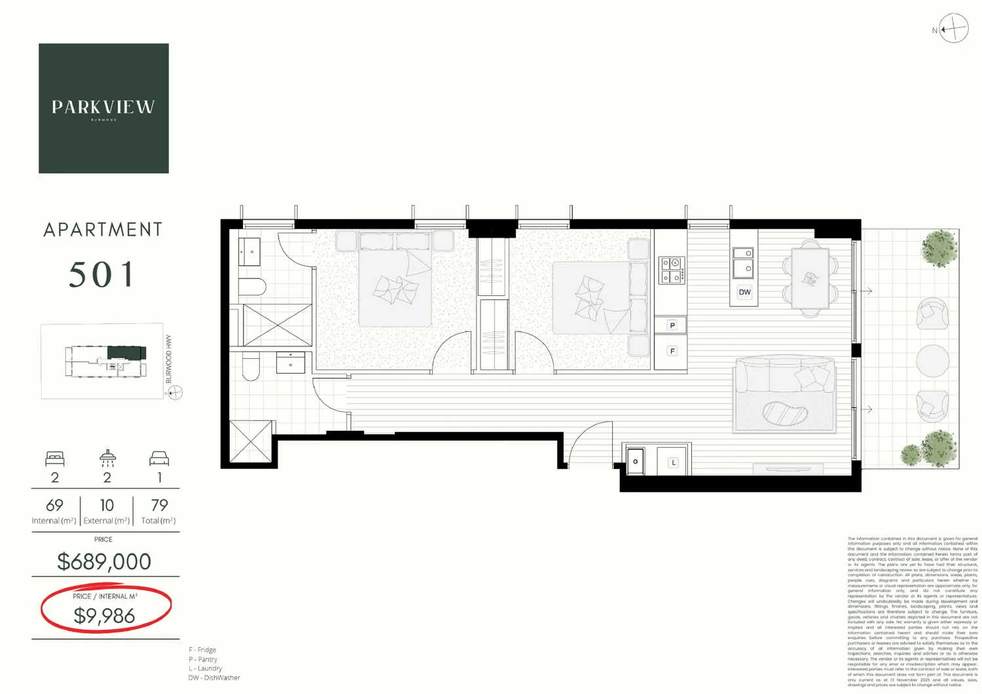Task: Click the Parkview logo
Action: pos(103,108)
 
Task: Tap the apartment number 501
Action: pos(102,274)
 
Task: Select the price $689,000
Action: pos(104,561)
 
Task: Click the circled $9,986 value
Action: pos(105,615)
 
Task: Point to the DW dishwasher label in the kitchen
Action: pos(744,292)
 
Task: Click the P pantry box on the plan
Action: pos(672,325)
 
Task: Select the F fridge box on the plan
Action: pos(672,351)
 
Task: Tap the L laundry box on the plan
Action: pos(673,462)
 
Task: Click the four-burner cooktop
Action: pos(672,270)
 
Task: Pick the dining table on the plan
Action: pos(810,278)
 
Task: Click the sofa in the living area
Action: pos(784,394)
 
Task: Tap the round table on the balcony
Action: pos(932,360)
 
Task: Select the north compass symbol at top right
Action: pos(953,29)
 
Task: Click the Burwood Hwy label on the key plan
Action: pos(169,359)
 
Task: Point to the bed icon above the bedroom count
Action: pos(55,458)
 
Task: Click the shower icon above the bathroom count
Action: pos(107,458)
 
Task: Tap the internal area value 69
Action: pos(54,505)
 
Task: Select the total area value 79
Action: pos(159,505)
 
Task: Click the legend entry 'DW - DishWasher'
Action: pos(214,678)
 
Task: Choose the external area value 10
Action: pos(107,505)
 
